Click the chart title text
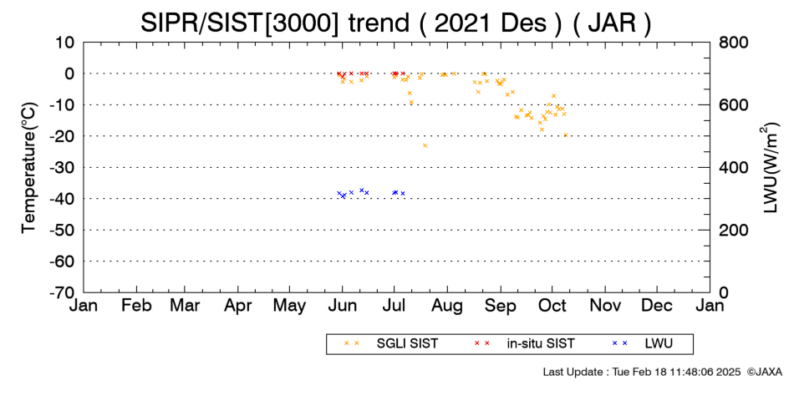(395, 23)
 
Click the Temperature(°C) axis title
(29, 168)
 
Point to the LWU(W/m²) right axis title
(768, 168)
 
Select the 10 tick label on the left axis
(65, 42)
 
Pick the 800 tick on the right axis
(734, 42)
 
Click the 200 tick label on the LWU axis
(734, 230)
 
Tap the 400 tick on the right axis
(734, 167)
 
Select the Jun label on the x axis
(343, 307)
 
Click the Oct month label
(552, 306)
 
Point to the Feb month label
(136, 306)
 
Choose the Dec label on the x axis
(657, 306)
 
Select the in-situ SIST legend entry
(524, 343)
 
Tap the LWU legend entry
(642, 343)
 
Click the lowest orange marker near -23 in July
(425, 145)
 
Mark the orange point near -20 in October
(566, 135)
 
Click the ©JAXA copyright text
(764, 372)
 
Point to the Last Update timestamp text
(642, 372)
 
